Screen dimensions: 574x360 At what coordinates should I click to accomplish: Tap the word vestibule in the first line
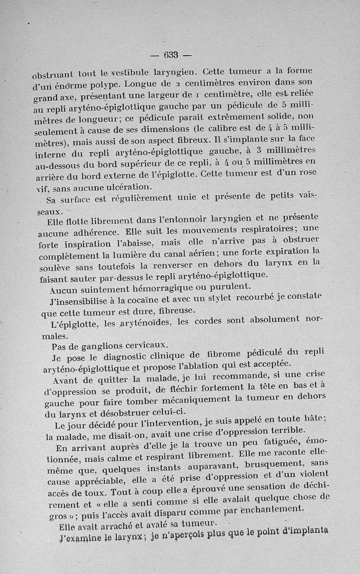(133, 72)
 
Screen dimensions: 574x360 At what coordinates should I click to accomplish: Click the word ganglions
(100, 346)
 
